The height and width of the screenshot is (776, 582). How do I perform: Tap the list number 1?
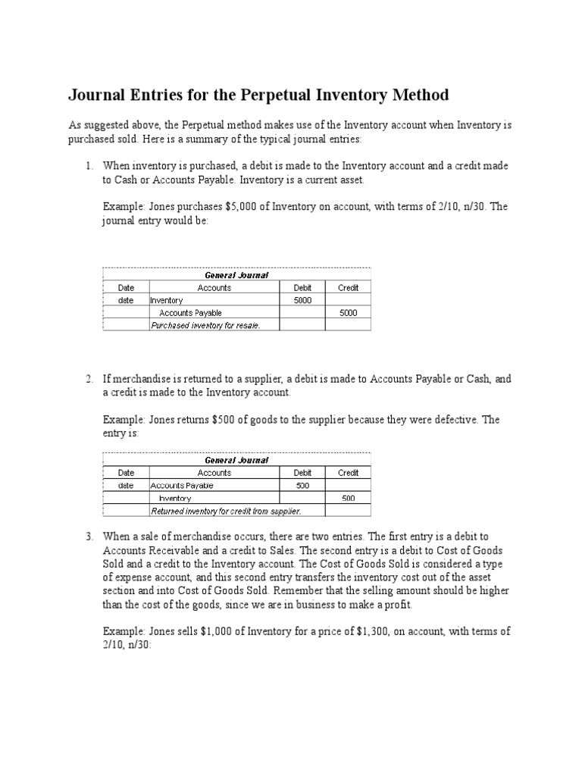(89, 166)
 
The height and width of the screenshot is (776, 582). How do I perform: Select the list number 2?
(89, 378)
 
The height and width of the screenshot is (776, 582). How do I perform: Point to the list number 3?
(89, 537)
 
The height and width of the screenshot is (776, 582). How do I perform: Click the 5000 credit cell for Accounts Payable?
(348, 312)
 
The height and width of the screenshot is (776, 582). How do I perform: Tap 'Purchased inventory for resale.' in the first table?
(205, 325)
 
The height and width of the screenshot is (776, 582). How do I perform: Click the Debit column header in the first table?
(302, 288)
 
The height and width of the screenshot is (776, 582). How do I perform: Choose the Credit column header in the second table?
(348, 473)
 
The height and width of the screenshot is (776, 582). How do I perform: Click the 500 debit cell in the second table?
(302, 485)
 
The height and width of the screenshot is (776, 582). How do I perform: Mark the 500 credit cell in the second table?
(348, 498)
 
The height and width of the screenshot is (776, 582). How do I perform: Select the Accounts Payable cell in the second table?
(183, 485)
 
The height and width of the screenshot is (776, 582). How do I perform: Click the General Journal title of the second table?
(236, 460)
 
